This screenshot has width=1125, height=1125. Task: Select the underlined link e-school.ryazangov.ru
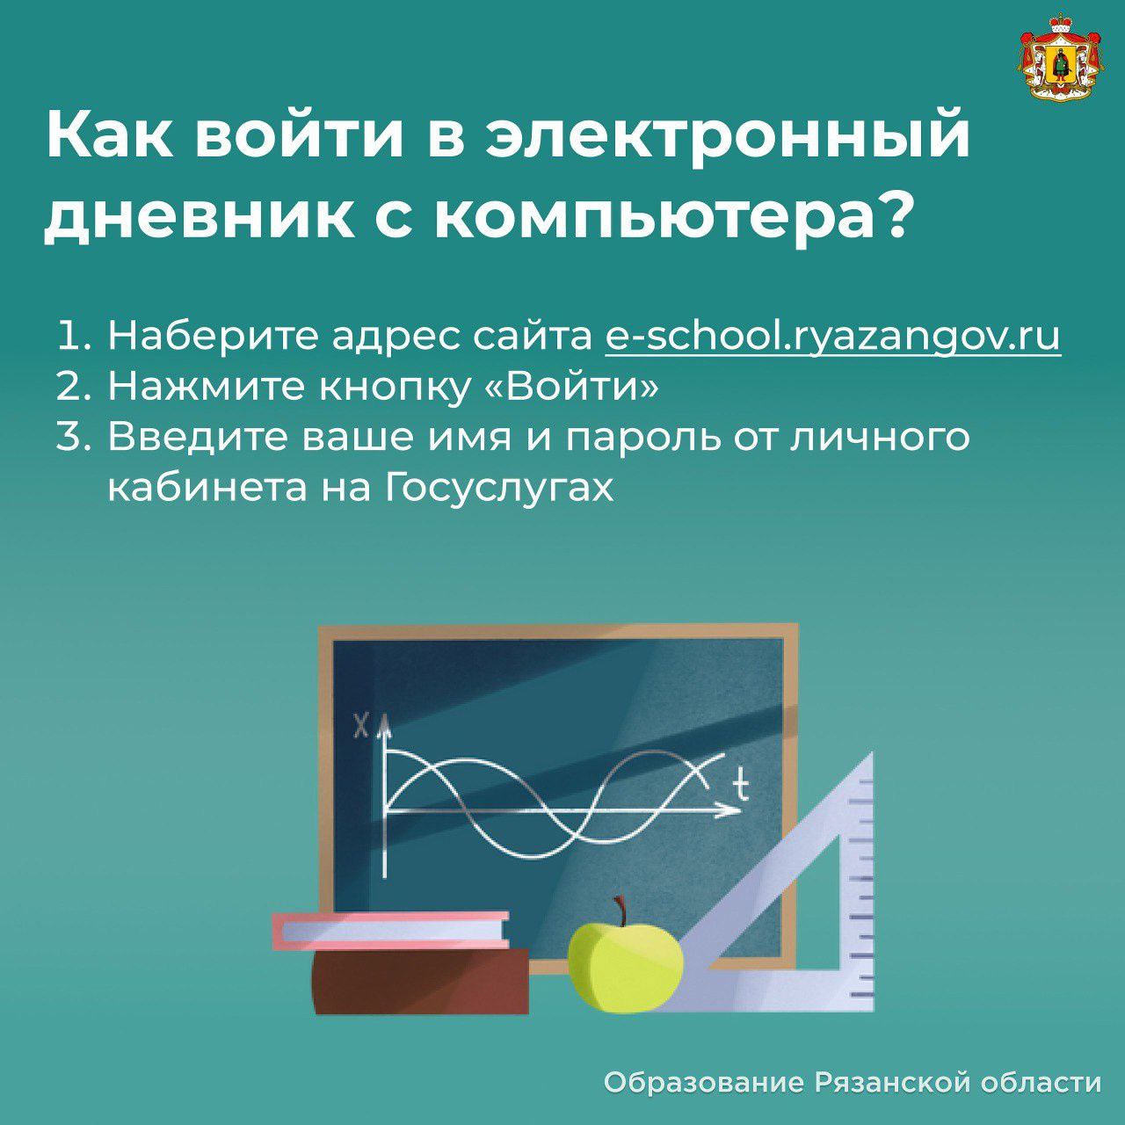[x=832, y=337]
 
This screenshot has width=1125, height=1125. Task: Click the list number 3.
[x=72, y=438]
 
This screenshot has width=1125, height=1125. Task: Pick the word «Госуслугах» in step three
[x=498, y=489]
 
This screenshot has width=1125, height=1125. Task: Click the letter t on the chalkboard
[x=740, y=783]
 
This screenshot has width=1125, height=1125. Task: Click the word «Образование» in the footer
[x=703, y=1082]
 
